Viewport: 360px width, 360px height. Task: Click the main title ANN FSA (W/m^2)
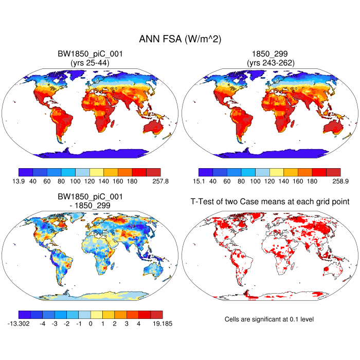point(180,40)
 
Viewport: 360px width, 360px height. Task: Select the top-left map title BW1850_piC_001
point(90,53)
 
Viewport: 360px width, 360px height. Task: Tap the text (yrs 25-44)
point(90,62)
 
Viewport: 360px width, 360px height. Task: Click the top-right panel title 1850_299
point(269,53)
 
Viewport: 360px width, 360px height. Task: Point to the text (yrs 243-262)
point(269,62)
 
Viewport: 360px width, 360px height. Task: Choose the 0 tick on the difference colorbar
point(91,324)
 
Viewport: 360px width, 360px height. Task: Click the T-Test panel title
point(269,203)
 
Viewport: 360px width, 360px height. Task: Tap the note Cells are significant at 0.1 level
point(269,319)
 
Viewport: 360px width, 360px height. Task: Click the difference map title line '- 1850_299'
point(90,205)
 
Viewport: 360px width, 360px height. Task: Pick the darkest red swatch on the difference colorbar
point(156,314)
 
